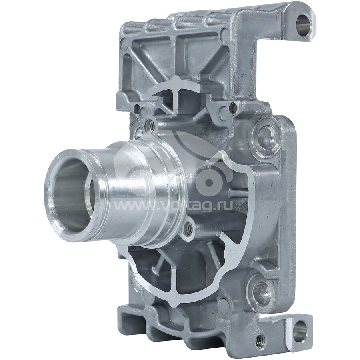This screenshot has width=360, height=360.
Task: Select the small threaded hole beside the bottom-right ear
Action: point(260,339)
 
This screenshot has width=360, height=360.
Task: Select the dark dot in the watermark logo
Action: point(208,182)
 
